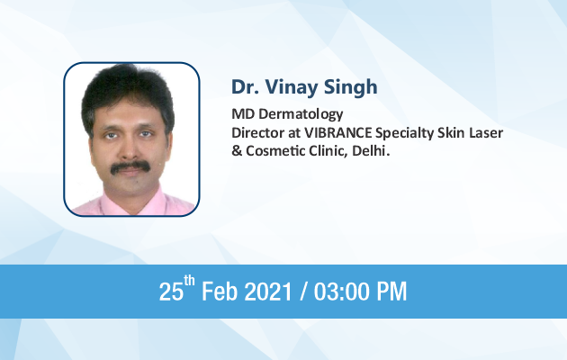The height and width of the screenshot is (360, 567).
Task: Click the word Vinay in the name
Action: (292, 88)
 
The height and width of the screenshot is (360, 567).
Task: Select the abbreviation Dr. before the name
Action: (245, 87)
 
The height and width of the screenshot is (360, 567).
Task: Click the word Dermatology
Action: (301, 114)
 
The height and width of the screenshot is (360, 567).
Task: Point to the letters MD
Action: (243, 114)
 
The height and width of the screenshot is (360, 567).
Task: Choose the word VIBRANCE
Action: (337, 132)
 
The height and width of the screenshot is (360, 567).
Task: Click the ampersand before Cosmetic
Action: (237, 150)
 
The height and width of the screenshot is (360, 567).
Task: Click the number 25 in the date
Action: (171, 292)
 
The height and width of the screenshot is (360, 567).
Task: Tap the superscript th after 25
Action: (189, 281)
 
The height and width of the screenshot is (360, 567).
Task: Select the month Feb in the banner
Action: (219, 292)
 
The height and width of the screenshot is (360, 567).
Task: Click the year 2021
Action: (268, 292)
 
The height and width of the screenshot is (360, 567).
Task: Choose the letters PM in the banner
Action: (392, 292)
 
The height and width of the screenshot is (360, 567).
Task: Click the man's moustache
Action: (130, 166)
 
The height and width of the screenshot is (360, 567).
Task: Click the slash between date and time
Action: (303, 292)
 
